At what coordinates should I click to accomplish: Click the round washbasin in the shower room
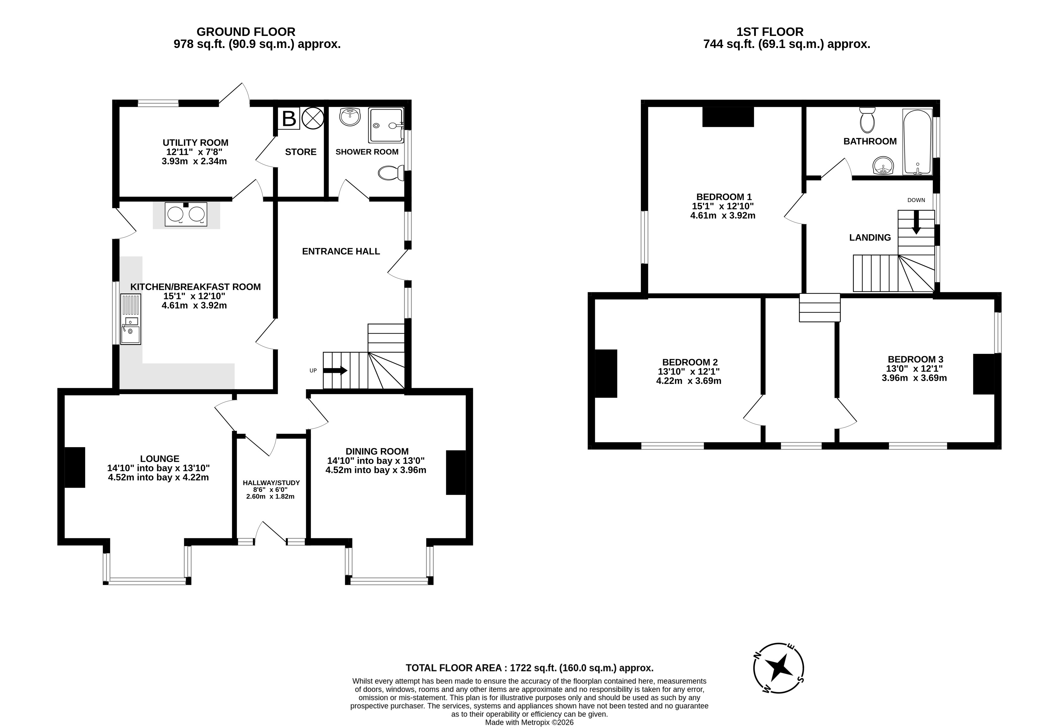[x=350, y=117]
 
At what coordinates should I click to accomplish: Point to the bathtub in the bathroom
[x=918, y=142]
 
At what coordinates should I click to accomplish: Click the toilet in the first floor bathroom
[x=867, y=120]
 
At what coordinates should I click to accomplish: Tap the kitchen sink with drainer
[x=130, y=319]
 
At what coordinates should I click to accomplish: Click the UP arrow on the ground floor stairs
[x=335, y=370]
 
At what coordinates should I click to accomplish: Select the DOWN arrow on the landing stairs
[x=916, y=222]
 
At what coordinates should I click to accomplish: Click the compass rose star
[x=779, y=668]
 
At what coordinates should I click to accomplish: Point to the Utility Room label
[x=195, y=143]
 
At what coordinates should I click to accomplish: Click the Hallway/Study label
[x=271, y=483]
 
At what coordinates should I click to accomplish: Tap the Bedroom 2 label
[x=690, y=362]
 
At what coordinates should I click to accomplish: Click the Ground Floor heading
[x=246, y=32]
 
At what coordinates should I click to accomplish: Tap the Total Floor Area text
[x=530, y=668]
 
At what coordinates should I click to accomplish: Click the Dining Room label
[x=377, y=451]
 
